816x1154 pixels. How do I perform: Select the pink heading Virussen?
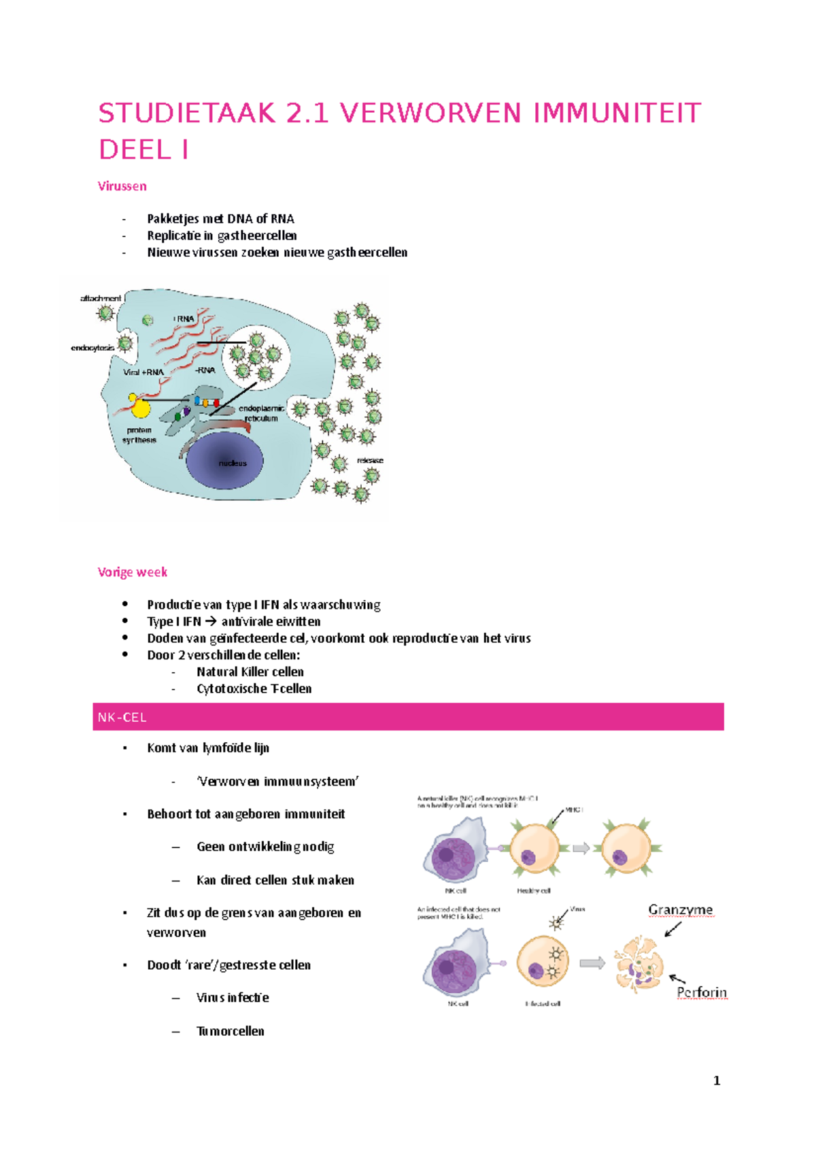point(122,186)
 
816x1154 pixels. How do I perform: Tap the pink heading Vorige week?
point(133,572)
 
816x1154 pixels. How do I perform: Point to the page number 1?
point(717,1081)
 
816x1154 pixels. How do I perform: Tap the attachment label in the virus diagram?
point(101,298)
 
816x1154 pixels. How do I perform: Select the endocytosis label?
point(93,348)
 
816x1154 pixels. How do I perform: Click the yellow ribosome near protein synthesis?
point(140,406)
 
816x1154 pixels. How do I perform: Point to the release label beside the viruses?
point(370,460)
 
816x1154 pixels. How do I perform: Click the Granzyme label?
point(680,910)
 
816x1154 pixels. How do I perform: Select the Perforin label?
point(701,993)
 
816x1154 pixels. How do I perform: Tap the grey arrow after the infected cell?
point(592,963)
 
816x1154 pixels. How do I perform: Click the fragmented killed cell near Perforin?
point(638,964)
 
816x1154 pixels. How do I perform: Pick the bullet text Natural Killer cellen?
point(250,672)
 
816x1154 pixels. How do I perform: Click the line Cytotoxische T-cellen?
point(254,689)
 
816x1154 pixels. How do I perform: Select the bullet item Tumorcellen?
point(231,1032)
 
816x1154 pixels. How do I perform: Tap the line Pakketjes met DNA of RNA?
point(220,219)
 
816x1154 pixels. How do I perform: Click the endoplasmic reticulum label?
point(261,413)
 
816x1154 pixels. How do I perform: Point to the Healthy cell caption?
point(534,890)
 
